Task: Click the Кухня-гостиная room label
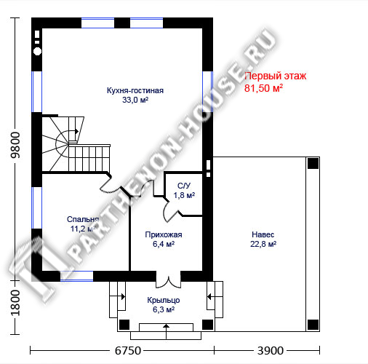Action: (x=135, y=90)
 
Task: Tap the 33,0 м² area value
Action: (x=135, y=100)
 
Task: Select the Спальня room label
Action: (x=83, y=219)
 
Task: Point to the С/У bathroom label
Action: (x=184, y=186)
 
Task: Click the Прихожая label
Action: (x=164, y=234)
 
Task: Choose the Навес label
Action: (x=263, y=234)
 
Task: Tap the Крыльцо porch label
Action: (x=164, y=300)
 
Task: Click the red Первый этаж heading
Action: (x=276, y=76)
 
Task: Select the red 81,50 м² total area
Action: (x=263, y=88)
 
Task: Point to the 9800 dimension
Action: (x=15, y=145)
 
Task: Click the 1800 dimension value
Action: (x=15, y=303)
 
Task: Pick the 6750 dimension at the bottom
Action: (x=128, y=351)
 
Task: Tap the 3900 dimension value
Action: (x=271, y=351)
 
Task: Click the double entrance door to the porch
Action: (x=168, y=282)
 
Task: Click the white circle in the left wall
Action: (x=37, y=51)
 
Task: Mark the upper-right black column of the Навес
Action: (x=313, y=163)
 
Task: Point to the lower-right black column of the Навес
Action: (x=313, y=325)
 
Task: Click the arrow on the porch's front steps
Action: (x=166, y=331)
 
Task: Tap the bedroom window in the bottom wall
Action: (x=76, y=276)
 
